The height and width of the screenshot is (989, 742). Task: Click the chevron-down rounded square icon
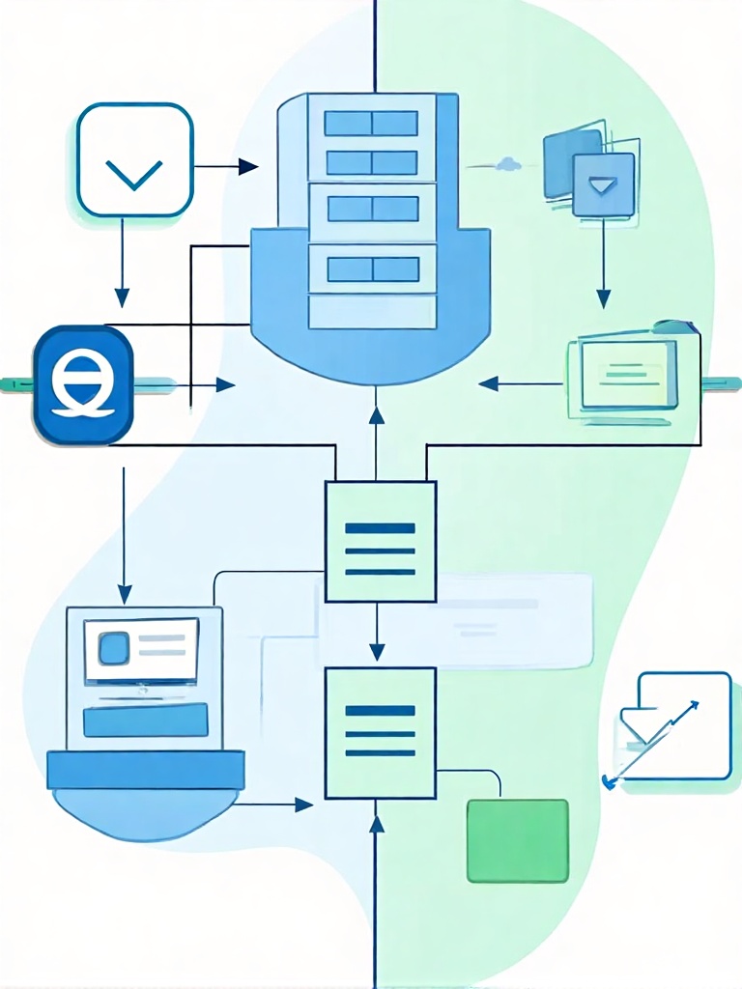134,159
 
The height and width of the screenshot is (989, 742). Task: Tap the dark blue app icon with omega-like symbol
82,384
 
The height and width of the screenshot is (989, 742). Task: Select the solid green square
517,840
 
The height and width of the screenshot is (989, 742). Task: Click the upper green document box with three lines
380,542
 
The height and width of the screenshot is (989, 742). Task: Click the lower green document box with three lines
380,733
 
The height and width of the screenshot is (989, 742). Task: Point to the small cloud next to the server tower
507,165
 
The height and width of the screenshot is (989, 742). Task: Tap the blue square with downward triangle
603,184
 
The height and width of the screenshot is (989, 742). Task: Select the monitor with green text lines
623,372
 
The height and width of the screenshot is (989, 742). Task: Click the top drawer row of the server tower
371,123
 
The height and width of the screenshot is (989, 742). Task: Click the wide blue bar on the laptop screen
146,721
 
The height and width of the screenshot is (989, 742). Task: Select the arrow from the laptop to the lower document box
275,804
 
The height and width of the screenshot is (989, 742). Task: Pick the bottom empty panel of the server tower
371,311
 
